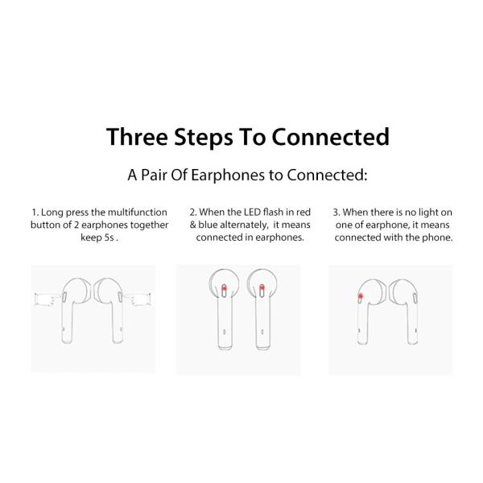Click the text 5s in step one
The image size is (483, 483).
click(107, 238)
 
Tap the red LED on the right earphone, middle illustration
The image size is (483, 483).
click(262, 287)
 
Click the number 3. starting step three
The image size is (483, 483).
click(336, 213)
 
